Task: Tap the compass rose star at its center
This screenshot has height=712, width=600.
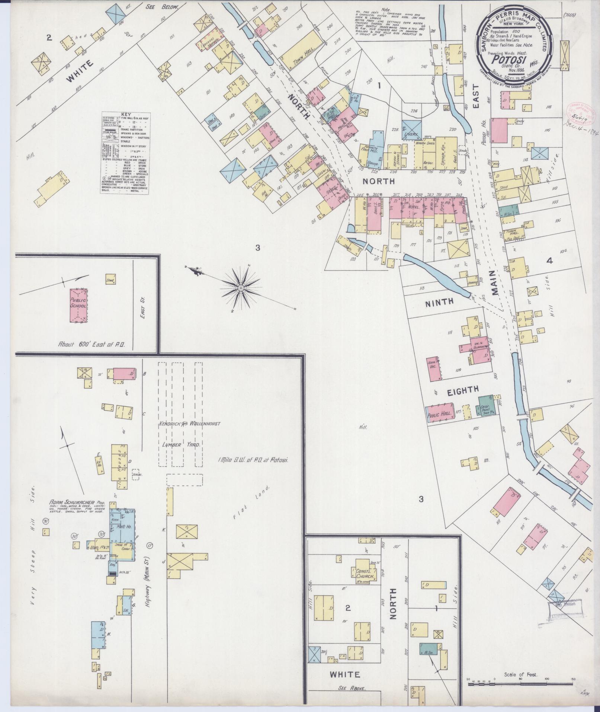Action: [241, 288]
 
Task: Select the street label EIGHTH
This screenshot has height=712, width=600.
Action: [462, 390]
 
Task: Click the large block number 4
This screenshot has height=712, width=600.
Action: [549, 261]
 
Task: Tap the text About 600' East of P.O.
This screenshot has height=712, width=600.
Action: [91, 344]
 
